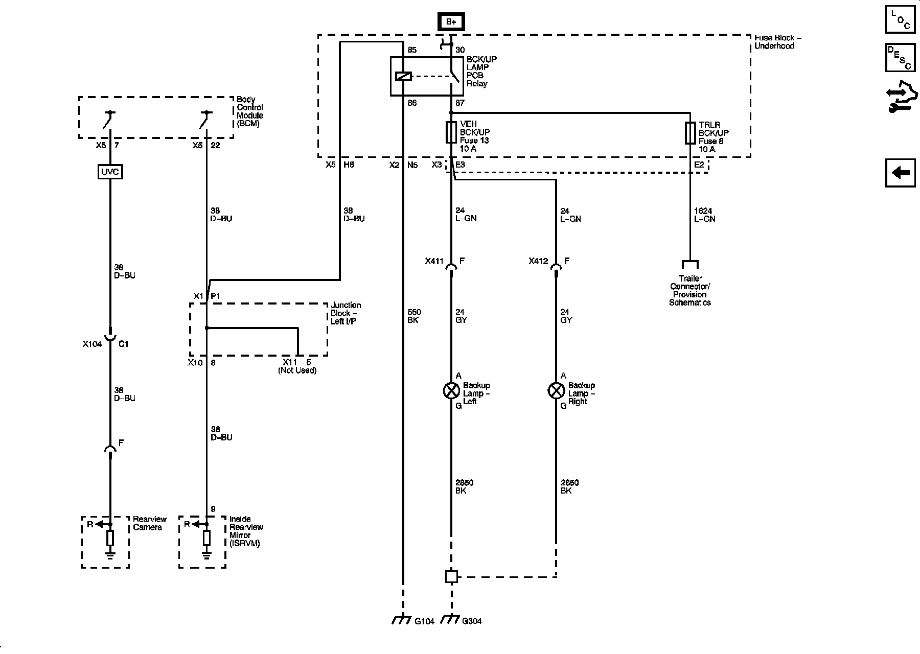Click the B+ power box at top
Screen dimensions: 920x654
click(451, 21)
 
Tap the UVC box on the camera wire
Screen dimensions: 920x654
click(110, 172)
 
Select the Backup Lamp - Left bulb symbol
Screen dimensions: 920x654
click(451, 391)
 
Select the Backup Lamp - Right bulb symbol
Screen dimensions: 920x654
click(556, 391)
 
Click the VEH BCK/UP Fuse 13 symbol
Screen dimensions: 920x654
click(451, 133)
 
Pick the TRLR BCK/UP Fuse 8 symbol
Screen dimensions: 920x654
click(690, 133)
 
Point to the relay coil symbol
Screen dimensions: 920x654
click(403, 77)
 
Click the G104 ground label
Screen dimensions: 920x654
click(424, 621)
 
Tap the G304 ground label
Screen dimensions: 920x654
click(472, 621)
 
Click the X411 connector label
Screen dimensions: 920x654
click(435, 261)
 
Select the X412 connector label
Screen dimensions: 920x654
click(539, 261)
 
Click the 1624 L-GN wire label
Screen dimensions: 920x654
click(704, 215)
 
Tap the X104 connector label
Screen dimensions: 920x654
click(93, 344)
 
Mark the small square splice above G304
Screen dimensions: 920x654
click(451, 576)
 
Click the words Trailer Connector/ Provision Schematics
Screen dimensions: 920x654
click(690, 291)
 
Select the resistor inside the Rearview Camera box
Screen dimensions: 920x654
click(110, 538)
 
